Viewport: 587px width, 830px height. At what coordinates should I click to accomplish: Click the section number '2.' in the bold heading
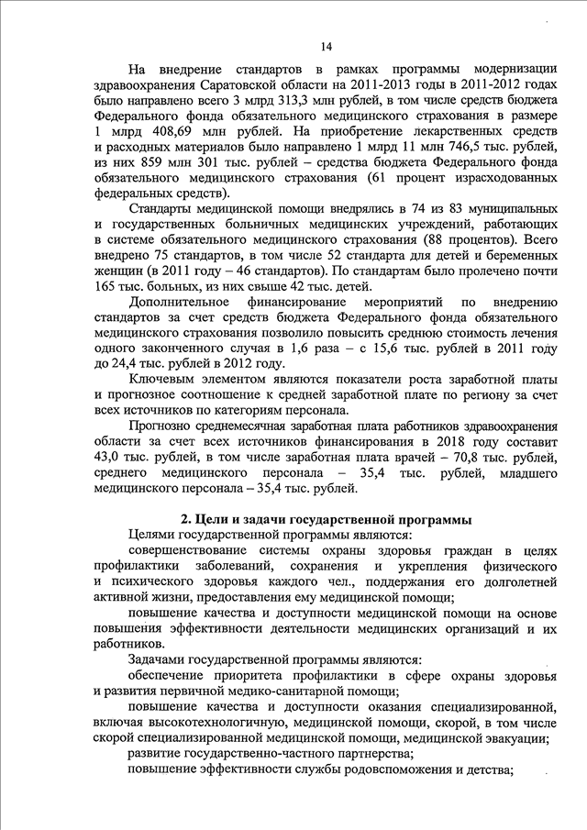click(186, 520)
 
